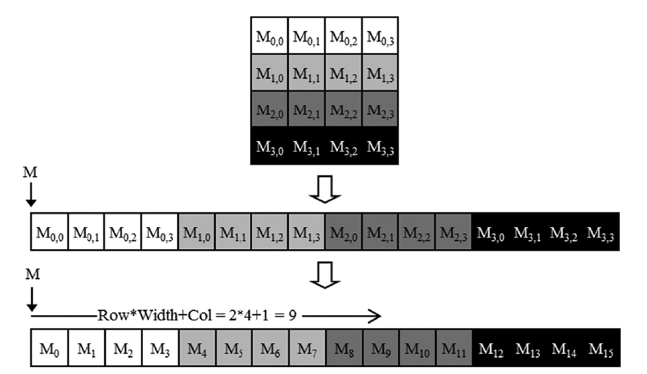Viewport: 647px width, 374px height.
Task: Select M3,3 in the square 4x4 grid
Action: coord(380,147)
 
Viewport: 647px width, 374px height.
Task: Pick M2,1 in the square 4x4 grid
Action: coord(307,111)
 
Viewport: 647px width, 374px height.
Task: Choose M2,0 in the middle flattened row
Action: coord(343,232)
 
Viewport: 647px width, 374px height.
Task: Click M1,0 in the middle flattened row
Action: coord(197,232)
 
